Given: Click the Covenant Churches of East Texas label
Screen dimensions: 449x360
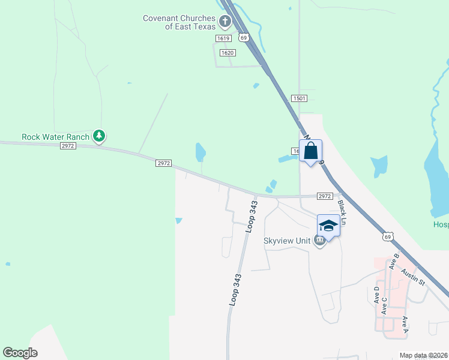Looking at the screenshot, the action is (179, 22).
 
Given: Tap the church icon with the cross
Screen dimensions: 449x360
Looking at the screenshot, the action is (225, 23).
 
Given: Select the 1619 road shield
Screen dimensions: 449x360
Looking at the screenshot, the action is (223, 38).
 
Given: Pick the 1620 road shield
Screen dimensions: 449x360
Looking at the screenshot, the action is (227, 53).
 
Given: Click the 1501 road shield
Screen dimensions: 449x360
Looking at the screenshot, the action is (300, 98).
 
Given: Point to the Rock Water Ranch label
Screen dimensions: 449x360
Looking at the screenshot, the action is (55, 137).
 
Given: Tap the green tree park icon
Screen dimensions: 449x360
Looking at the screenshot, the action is (99, 137).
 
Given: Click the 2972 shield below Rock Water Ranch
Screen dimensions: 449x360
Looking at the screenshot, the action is (68, 146).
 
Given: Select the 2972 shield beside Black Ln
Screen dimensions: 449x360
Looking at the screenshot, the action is (325, 196).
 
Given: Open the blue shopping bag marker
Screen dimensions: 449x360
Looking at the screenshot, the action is (311, 151).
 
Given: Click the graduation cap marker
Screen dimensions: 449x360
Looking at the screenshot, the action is (328, 226).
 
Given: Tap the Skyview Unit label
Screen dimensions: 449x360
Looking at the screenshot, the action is (287, 241).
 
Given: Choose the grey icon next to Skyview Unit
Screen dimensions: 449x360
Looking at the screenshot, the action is (319, 241).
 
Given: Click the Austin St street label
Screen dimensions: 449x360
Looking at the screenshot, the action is (414, 277).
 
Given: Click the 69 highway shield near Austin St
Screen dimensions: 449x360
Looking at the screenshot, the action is (389, 237).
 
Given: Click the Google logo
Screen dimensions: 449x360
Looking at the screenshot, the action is (20, 353).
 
